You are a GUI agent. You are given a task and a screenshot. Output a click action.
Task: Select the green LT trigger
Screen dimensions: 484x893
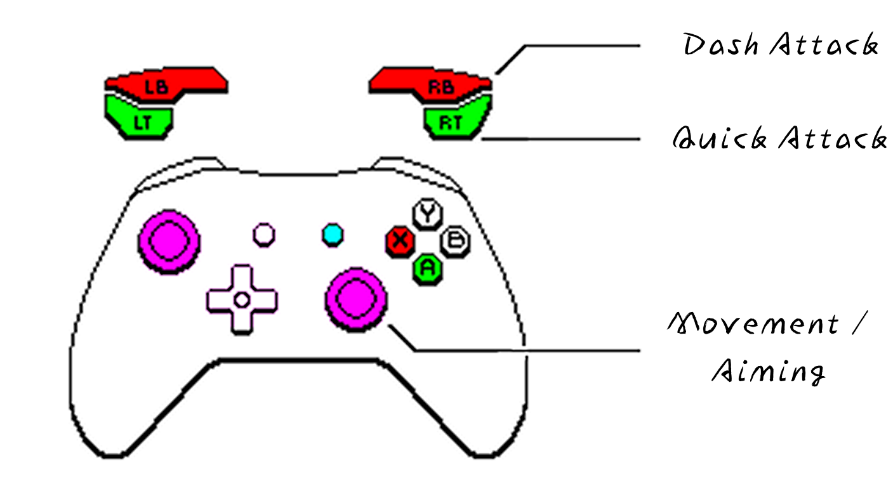141,117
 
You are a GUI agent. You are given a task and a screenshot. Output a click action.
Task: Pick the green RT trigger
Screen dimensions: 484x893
456,117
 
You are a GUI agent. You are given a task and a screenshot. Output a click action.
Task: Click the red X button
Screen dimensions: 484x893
400,240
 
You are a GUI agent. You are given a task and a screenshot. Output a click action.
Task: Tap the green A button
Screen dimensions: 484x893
428,268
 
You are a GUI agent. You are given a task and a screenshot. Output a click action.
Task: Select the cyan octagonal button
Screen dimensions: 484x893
333,235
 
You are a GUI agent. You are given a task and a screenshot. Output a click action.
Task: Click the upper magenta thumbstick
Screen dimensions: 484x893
169,241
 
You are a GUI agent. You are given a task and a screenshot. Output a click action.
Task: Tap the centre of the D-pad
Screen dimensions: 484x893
242,300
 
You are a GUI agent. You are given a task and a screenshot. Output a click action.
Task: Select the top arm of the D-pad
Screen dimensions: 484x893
242,277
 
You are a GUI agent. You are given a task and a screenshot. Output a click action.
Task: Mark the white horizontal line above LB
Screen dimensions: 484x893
189,65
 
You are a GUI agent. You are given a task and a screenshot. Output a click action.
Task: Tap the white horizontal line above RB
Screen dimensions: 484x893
407,65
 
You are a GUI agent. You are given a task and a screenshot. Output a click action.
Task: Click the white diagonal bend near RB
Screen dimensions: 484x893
512,55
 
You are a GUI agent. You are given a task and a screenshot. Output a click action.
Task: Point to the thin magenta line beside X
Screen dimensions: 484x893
383,243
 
